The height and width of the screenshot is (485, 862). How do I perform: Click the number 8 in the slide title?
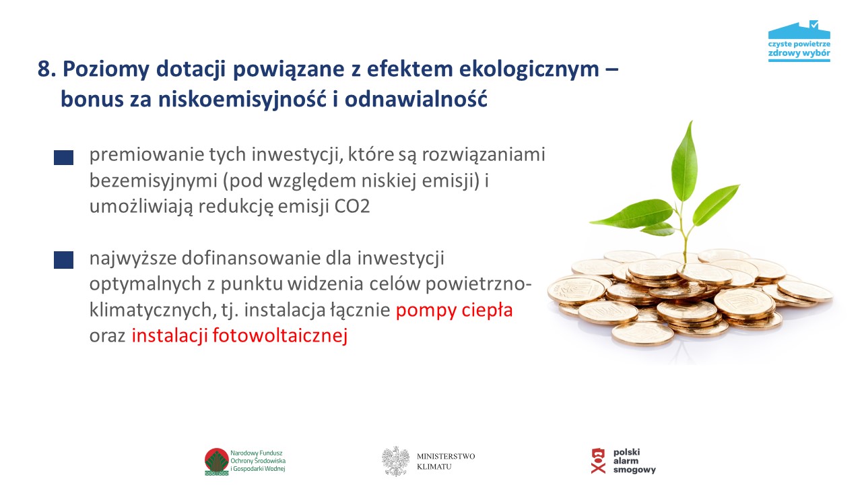click(44, 69)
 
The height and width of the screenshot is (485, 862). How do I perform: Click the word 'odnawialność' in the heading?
click(416, 98)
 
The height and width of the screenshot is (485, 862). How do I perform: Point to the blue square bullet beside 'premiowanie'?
click(63, 158)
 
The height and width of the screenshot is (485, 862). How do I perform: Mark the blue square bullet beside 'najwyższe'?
click(63, 260)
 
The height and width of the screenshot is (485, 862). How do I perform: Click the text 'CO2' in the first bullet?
click(352, 206)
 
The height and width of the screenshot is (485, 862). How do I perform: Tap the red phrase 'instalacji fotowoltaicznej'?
click(239, 336)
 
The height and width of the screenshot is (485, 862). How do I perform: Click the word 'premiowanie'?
click(146, 155)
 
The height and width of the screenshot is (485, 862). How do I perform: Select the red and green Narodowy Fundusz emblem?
click(217, 461)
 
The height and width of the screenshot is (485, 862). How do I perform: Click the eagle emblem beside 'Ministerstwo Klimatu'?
click(395, 461)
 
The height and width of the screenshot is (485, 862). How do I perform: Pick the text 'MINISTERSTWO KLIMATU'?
click(446, 461)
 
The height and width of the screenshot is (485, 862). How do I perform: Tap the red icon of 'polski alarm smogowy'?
click(598, 461)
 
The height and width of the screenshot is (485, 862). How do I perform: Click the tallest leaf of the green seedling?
click(685, 162)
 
